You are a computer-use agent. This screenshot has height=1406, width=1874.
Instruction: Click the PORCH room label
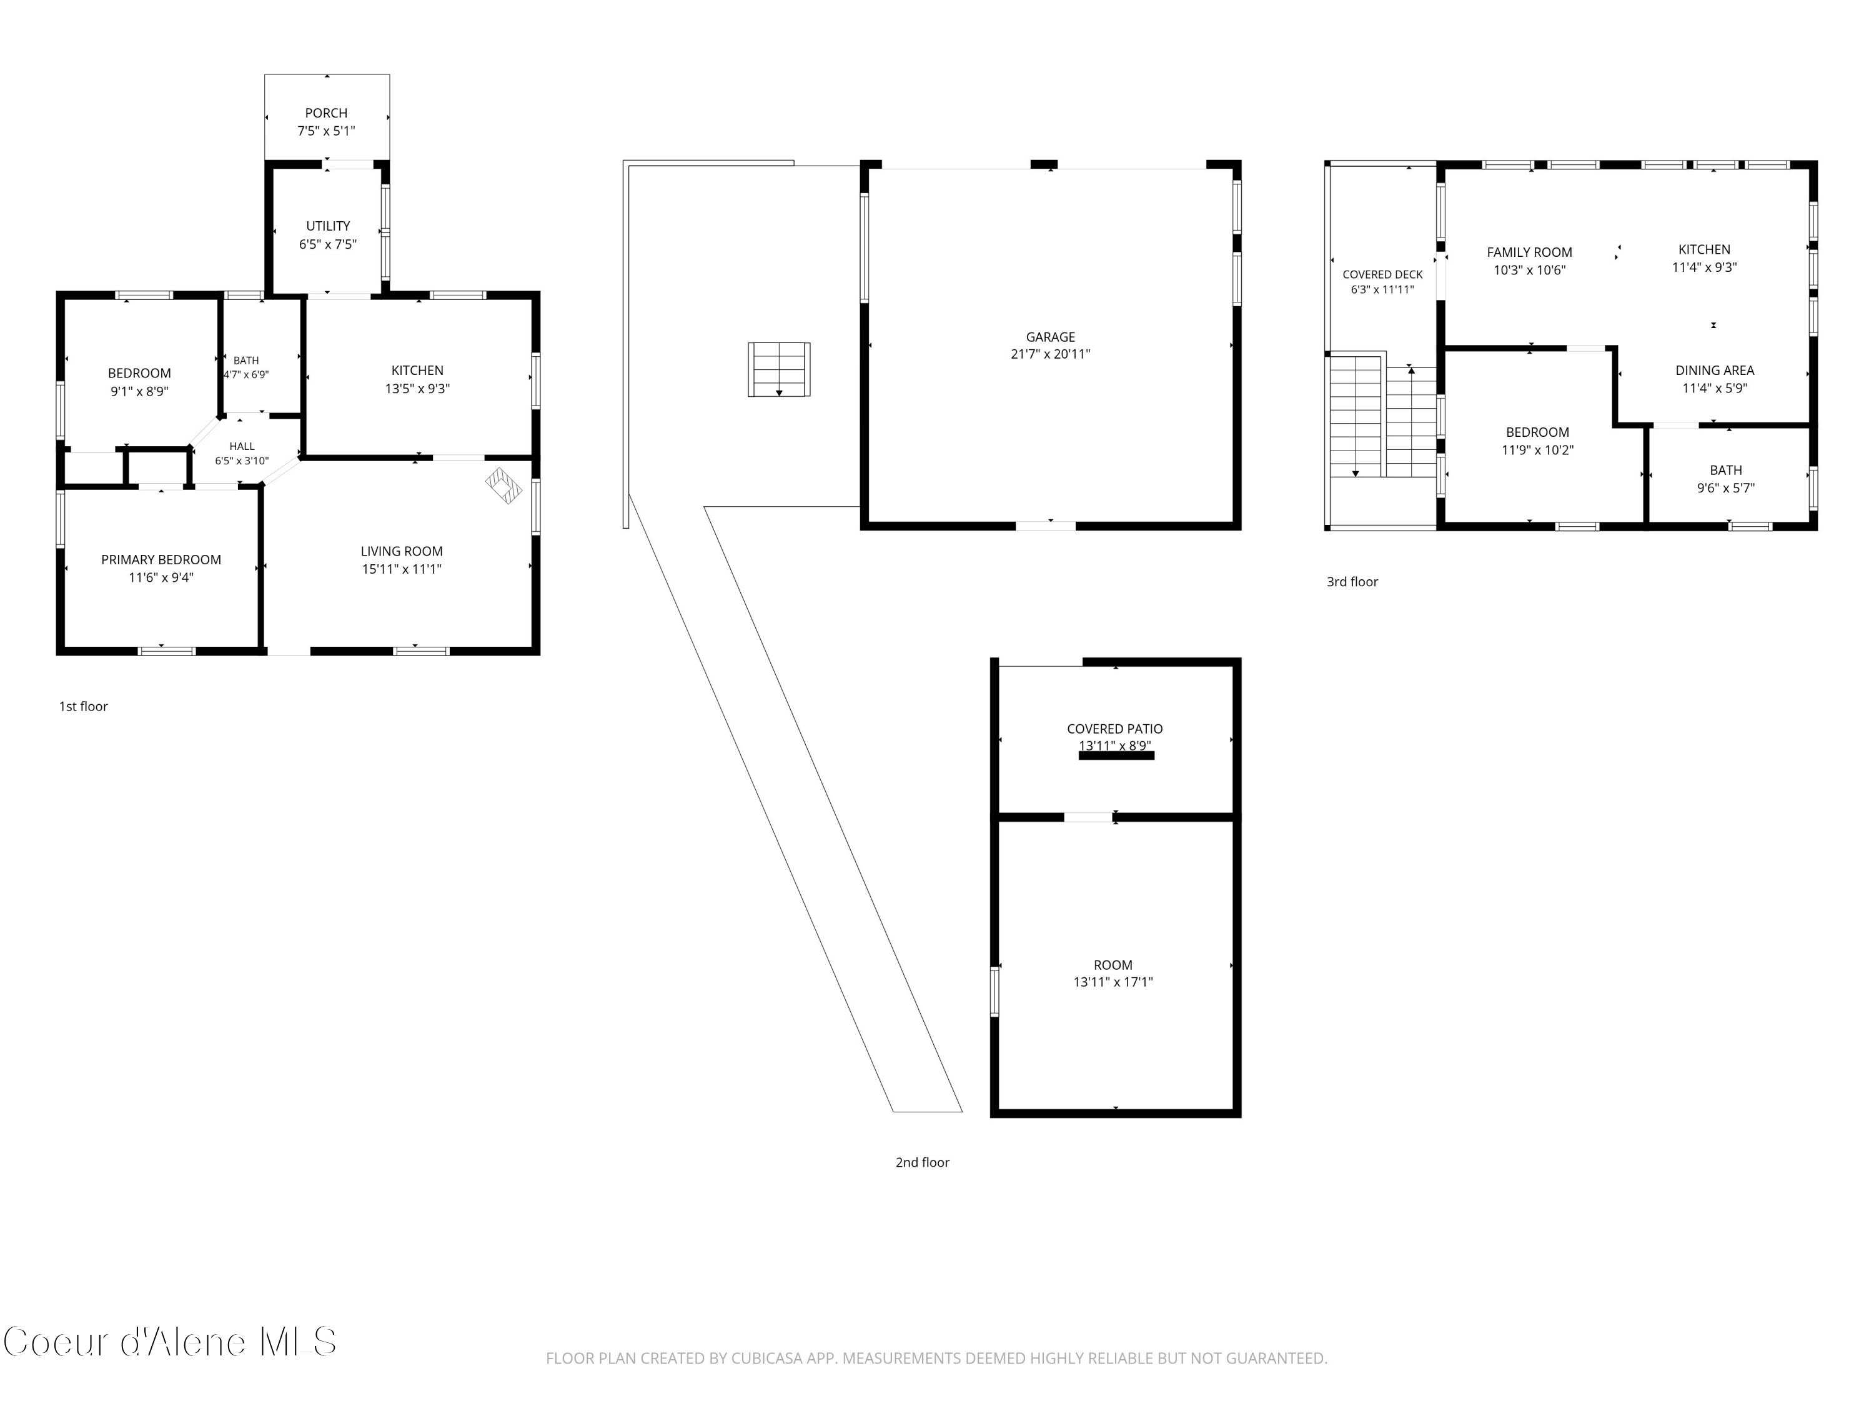point(326,112)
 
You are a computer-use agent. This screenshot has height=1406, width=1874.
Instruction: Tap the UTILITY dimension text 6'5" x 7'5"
point(328,244)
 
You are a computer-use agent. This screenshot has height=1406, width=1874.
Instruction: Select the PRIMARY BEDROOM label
point(161,559)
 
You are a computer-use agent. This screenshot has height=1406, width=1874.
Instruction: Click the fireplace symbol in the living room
point(504,486)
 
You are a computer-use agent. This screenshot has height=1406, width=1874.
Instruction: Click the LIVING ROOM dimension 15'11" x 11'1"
point(402,569)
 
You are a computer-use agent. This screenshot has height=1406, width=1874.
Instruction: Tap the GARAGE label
point(1051,336)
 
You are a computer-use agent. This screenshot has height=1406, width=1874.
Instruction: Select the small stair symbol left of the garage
point(778,369)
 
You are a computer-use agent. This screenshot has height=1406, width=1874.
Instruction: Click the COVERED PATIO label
point(1115,729)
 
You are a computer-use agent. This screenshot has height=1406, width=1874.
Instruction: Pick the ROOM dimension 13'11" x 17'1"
point(1113,982)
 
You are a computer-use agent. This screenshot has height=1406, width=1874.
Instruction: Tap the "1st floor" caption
point(83,707)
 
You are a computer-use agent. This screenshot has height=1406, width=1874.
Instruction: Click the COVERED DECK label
point(1382,274)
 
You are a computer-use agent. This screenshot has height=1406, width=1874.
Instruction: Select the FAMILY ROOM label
point(1529,252)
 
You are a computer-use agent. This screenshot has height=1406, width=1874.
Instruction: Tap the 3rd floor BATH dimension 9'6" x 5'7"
point(1726,488)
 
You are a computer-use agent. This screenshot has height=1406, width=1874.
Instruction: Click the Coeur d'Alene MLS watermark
point(169,1342)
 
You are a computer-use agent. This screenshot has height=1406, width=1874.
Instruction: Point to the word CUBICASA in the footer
point(759,1359)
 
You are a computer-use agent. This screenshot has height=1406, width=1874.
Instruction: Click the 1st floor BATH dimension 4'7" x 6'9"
point(245,374)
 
